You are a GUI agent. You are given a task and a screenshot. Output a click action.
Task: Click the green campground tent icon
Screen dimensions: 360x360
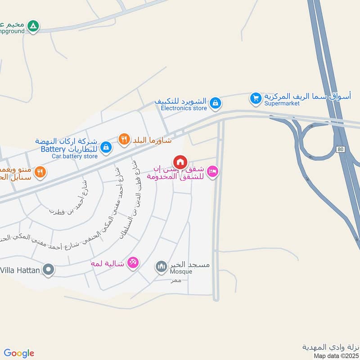pos(32,26)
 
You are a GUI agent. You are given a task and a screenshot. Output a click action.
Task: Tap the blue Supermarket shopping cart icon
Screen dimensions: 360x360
pos(256,98)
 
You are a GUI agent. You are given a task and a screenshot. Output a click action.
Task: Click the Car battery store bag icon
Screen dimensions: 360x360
pos(106,146)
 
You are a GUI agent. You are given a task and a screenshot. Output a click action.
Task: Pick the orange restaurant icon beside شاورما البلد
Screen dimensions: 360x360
pos(124,139)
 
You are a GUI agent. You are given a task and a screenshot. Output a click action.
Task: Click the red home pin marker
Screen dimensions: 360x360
pos(180,162)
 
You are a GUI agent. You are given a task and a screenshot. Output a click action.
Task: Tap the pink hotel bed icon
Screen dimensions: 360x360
pos(212,171)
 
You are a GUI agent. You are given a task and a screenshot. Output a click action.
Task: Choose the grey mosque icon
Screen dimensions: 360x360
pos(161,267)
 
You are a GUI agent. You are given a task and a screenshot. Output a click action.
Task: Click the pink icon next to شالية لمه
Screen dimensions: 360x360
pos(133,262)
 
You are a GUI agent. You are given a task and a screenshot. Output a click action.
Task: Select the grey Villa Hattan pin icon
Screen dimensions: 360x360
pos(48,270)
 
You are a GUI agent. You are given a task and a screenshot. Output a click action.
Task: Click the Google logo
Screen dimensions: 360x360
pos(19,353)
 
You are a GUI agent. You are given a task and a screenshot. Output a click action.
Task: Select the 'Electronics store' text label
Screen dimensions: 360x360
pos(184,108)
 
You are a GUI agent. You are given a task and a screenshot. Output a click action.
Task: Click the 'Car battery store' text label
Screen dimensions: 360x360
pos(74,156)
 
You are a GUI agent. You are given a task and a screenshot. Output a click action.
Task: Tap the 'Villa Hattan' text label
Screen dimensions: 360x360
pos(20,270)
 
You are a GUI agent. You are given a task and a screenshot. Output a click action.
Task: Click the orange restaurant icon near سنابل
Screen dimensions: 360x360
pos(40,171)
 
